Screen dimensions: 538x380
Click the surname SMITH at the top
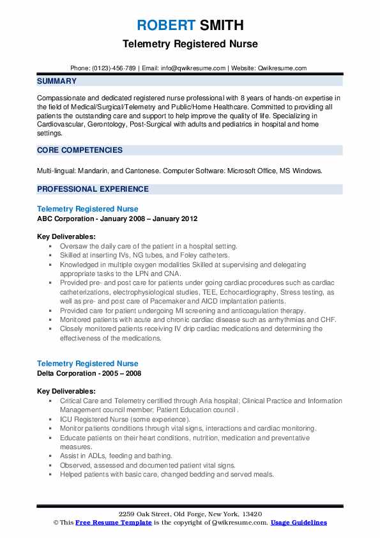[x=220, y=26]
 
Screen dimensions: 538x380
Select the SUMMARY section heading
[x=57, y=81]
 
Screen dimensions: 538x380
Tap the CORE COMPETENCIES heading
[x=80, y=150]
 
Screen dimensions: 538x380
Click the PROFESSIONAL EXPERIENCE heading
[x=93, y=189]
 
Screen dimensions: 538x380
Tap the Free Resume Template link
[x=108, y=523]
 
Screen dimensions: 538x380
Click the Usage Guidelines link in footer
[x=298, y=523]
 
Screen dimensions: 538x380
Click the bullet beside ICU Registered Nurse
[x=50, y=419]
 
